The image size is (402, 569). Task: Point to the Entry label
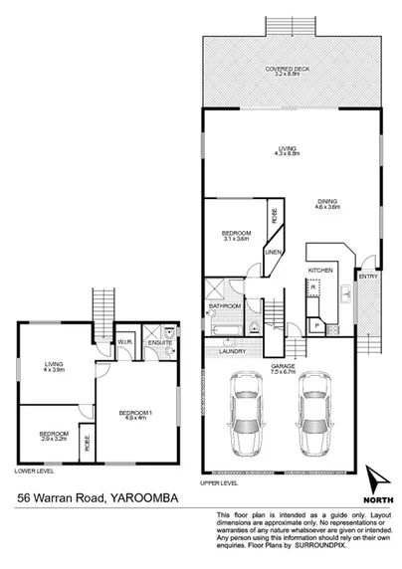[366, 276]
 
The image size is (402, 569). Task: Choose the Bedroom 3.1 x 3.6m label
[236, 235]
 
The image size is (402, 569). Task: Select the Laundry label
[231, 351]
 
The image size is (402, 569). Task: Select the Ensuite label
[159, 344]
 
